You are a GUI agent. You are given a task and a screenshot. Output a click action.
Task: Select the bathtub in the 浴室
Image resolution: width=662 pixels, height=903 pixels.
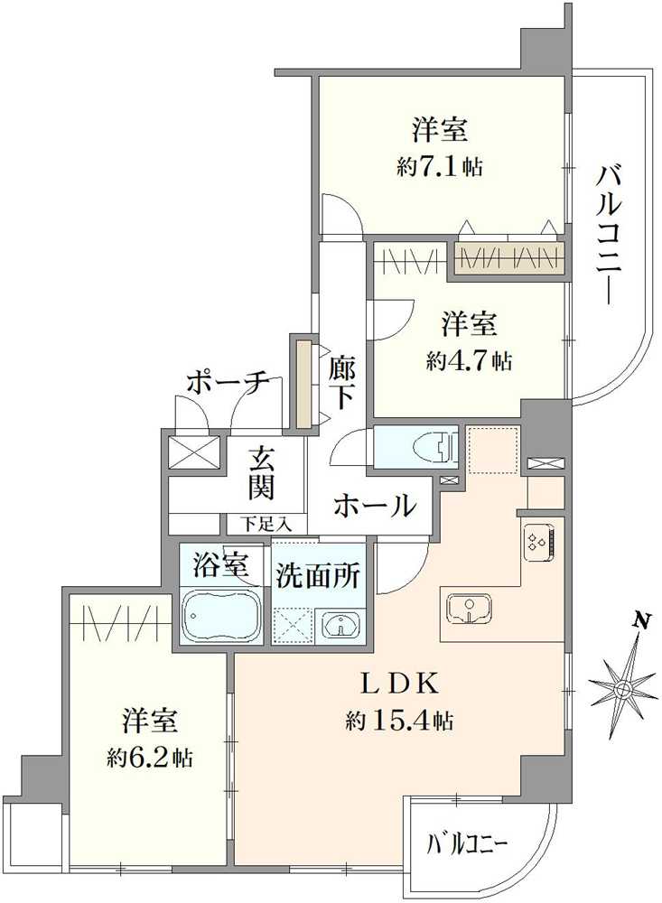click(222, 615)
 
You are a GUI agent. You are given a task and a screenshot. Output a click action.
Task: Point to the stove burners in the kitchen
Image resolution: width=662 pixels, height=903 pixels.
click(539, 541)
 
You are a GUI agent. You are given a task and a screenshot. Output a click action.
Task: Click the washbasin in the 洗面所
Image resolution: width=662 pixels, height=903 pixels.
click(341, 624)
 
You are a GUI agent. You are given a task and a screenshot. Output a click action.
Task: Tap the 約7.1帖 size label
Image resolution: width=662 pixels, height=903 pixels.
click(440, 168)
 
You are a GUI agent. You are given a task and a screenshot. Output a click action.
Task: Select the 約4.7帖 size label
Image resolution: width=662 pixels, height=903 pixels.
click(470, 361)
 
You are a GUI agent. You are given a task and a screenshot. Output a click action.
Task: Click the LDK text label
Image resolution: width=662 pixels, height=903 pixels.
click(400, 684)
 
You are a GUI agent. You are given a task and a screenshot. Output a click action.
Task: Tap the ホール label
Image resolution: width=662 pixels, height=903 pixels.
click(375, 507)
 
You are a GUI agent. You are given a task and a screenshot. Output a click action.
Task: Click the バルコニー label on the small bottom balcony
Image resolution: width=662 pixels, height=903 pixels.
click(466, 845)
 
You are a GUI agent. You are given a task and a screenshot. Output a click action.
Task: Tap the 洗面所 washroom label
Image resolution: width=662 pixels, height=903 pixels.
click(318, 575)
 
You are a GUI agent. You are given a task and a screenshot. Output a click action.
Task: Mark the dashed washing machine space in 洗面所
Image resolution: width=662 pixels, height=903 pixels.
click(295, 625)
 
